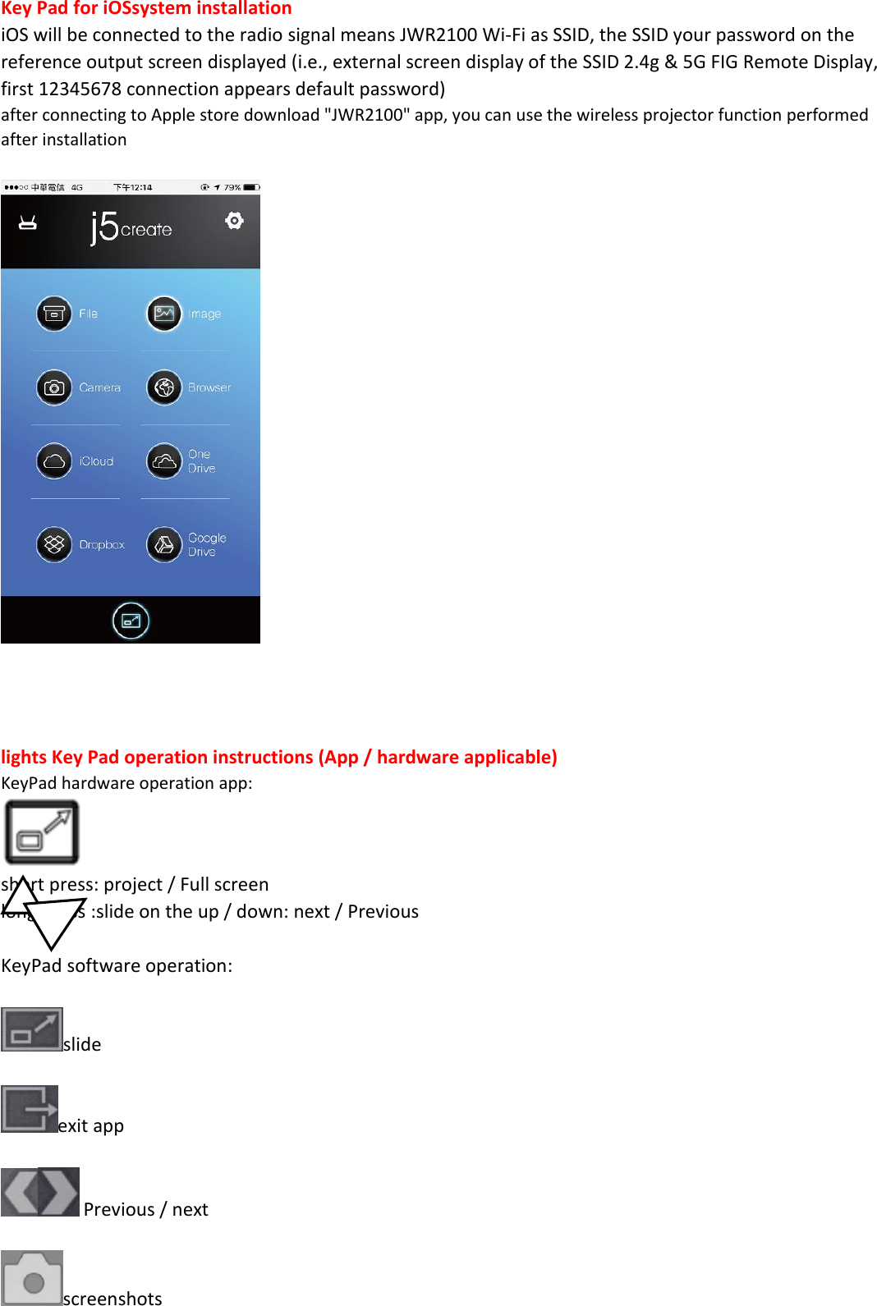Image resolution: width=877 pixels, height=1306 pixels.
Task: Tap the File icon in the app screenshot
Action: click(x=54, y=314)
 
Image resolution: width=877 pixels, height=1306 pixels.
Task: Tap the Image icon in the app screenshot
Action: click(x=164, y=314)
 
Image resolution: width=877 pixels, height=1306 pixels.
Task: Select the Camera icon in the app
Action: click(x=54, y=387)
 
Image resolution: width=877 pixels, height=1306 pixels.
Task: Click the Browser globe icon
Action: click(x=164, y=387)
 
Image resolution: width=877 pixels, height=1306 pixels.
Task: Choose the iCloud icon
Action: click(x=54, y=461)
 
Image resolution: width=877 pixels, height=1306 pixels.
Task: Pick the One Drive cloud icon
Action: click(x=164, y=461)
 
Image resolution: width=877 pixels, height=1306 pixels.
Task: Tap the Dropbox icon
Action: click(x=54, y=544)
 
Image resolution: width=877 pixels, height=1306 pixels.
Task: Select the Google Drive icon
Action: click(x=164, y=544)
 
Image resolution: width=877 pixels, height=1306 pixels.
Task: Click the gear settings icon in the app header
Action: click(x=235, y=221)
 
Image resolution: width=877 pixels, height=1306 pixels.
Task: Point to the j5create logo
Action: click(x=131, y=227)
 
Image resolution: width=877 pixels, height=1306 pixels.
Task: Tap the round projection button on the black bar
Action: click(x=131, y=621)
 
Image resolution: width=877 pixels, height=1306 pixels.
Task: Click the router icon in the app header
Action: click(x=28, y=222)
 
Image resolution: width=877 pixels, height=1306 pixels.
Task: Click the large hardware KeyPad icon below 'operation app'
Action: click(x=42, y=832)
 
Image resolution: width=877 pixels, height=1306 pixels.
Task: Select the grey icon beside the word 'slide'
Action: click(x=32, y=1029)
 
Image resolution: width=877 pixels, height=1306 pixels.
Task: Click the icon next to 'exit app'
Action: click(x=30, y=1108)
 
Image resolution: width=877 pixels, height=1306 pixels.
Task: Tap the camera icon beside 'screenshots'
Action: click(x=32, y=1277)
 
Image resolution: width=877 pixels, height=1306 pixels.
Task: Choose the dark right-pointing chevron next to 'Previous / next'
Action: click(x=59, y=1191)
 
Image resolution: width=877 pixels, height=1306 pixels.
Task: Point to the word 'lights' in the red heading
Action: click(x=24, y=757)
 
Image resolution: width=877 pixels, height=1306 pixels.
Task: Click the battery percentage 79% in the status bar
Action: click(x=232, y=187)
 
